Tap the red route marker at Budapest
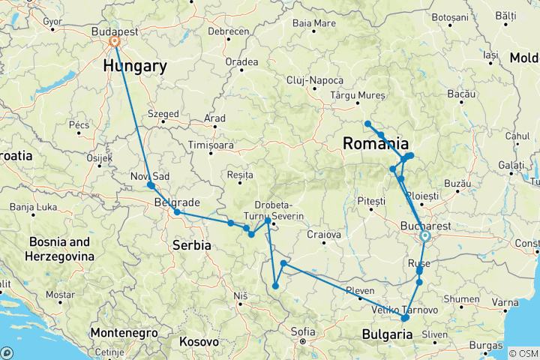(115, 42)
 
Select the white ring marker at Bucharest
(425, 235)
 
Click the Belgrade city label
(177, 202)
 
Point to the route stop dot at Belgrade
(177, 212)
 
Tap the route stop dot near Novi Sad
(151, 185)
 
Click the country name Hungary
(136, 66)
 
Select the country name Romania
(376, 143)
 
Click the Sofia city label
(303, 331)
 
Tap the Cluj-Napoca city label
(314, 81)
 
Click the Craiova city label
(324, 235)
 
